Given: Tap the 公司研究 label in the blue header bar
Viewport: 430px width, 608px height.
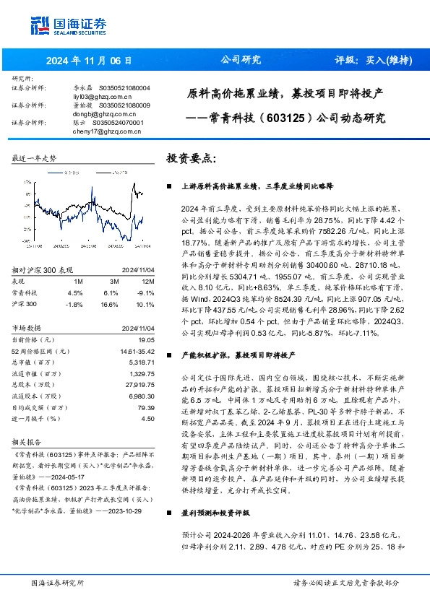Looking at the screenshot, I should click(x=239, y=60).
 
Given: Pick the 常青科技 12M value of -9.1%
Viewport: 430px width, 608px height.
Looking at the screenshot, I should click(x=147, y=272).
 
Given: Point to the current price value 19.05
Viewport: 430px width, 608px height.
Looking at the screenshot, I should click(x=147, y=318).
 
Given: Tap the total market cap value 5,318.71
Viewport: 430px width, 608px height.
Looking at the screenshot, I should click(x=141, y=341).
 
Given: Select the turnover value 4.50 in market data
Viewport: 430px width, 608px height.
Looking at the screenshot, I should click(x=148, y=418).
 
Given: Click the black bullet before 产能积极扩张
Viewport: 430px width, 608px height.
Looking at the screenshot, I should click(x=168, y=356).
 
